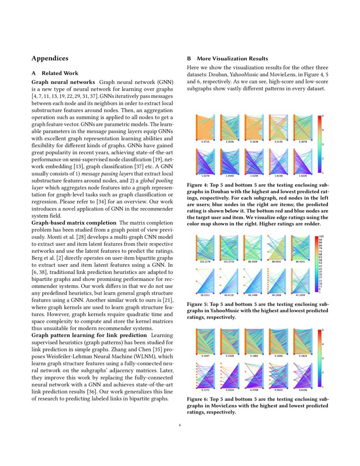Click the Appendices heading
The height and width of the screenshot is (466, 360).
point(50,58)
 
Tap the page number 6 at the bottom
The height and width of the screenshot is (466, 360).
point(180,425)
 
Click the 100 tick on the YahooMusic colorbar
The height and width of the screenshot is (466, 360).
point(321,236)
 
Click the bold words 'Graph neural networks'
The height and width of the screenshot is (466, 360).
point(63,81)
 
